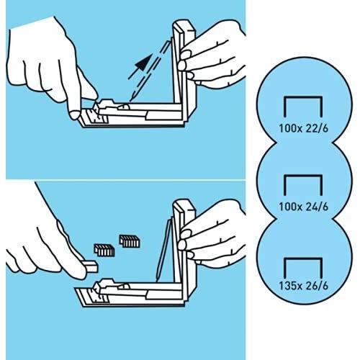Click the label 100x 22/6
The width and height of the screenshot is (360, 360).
click(303, 128)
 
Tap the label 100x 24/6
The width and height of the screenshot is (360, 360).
click(303, 207)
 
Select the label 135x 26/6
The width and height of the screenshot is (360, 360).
click(303, 286)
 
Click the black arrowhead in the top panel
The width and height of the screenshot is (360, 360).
click(144, 63)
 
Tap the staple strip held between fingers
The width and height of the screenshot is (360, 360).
click(91, 266)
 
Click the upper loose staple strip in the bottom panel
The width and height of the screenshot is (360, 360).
click(130, 241)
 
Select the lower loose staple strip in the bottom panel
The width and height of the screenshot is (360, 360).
click(104, 250)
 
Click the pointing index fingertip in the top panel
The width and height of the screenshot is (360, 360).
click(74, 114)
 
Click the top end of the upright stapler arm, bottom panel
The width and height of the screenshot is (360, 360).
click(184, 204)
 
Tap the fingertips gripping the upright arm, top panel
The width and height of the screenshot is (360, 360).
click(185, 64)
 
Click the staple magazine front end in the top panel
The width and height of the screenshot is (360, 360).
click(92, 116)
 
